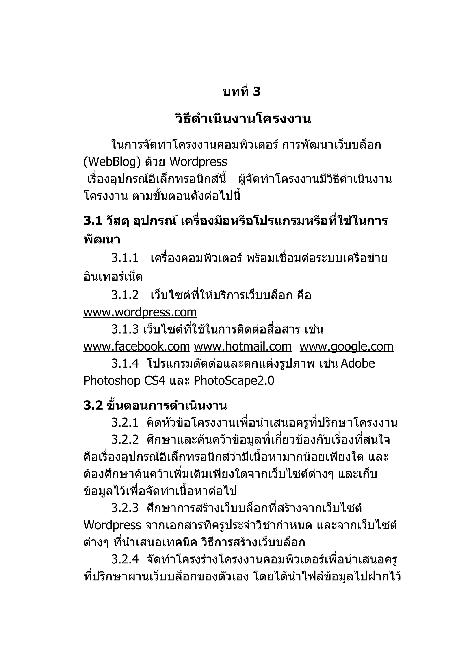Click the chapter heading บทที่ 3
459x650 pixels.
pyautogui.click(x=242, y=92)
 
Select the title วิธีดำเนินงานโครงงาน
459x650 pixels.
pyautogui.click(x=243, y=119)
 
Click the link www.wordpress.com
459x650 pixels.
pyautogui.click(x=140, y=312)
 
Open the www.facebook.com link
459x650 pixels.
pyautogui.click(x=136, y=346)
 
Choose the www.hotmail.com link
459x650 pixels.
pyautogui.click(x=243, y=346)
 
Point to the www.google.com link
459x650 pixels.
pyautogui.click(x=346, y=346)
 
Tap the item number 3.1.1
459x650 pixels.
pyautogui.click(x=125, y=258)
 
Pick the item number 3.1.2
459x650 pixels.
pyautogui.click(x=125, y=295)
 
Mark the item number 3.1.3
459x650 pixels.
pyautogui.click(x=125, y=329)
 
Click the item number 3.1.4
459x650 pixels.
pyautogui.click(x=125, y=364)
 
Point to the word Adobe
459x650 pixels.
pyautogui.click(x=358, y=364)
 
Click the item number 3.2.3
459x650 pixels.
pyautogui.click(x=125, y=508)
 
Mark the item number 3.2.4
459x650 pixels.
pyautogui.click(x=125, y=559)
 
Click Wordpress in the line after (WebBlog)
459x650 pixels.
pyautogui.click(x=198, y=162)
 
